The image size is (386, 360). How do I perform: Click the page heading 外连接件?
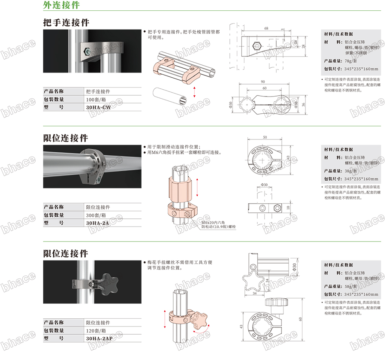click(x=61, y=6)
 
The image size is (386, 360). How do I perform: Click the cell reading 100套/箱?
click(x=97, y=100)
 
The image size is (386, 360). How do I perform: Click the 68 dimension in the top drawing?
click(x=266, y=28)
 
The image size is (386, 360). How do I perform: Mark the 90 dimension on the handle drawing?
click(x=262, y=82)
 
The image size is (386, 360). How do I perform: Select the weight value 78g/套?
click(x=353, y=61)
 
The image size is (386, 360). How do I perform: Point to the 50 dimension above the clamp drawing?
click(x=265, y=137)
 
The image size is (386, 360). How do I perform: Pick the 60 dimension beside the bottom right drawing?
click(x=302, y=318)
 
